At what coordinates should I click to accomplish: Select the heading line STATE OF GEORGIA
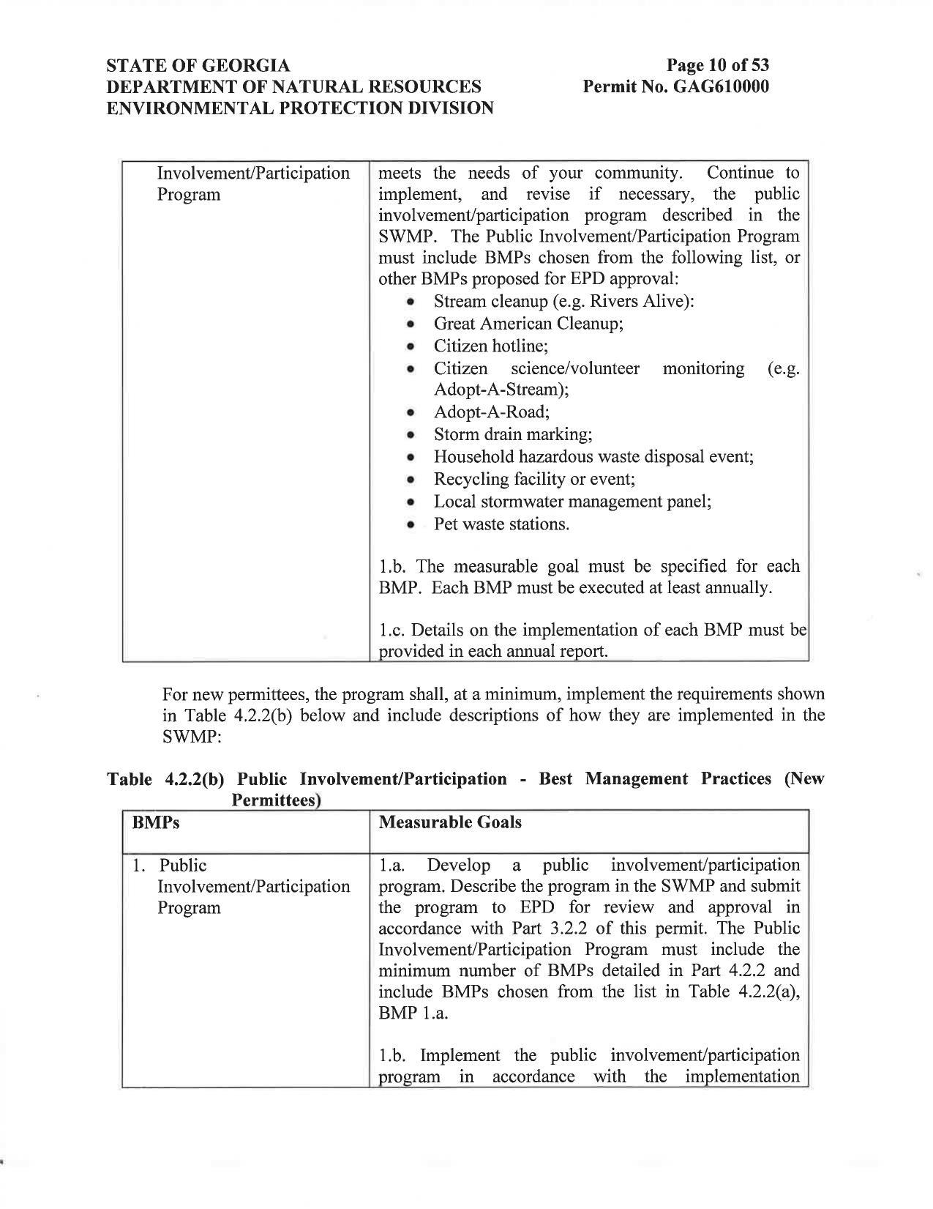198,66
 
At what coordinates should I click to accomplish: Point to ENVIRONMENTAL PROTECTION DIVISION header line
300,108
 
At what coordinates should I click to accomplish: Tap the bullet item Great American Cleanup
528,323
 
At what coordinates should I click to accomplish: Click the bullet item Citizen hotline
490,346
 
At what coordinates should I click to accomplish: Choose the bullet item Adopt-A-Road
491,412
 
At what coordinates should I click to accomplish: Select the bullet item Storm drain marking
512,434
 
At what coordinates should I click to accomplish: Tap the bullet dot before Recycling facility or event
412,480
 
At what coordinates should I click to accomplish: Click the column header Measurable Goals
450,822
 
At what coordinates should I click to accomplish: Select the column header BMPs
156,822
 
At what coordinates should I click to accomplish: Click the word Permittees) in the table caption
277,800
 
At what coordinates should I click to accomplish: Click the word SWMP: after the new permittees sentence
191,736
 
